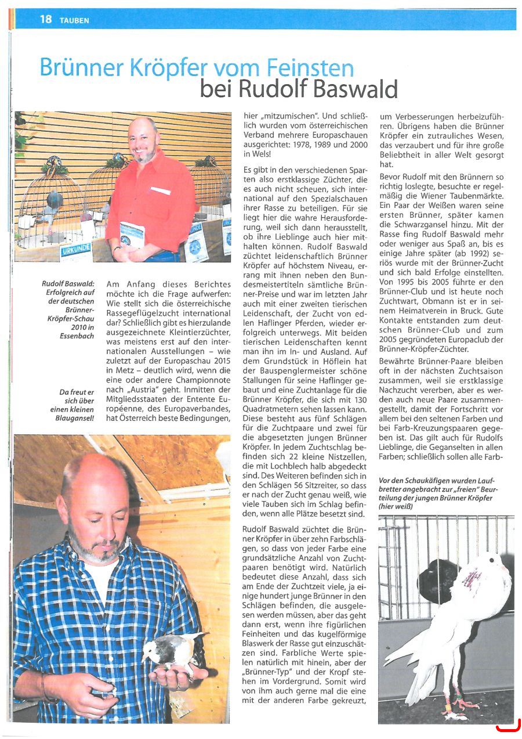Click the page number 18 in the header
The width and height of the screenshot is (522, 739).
[46, 19]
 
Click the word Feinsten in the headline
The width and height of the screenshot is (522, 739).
[310, 68]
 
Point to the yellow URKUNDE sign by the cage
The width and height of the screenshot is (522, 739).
[75, 251]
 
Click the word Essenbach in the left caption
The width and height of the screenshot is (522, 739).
[77, 336]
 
